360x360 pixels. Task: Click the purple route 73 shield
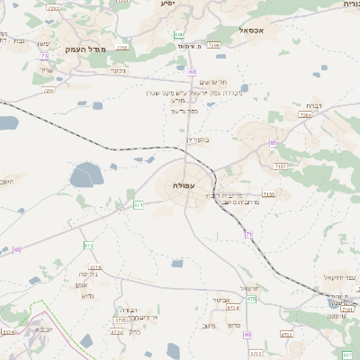44,57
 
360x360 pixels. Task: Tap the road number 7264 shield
307,116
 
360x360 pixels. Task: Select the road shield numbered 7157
282,166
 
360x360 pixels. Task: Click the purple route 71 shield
247,234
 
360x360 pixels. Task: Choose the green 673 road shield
88,245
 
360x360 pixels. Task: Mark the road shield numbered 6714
94,267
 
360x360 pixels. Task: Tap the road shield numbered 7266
214,44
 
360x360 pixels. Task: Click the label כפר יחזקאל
340,281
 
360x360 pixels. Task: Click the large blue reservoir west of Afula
87,173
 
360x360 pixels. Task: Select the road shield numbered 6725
121,320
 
